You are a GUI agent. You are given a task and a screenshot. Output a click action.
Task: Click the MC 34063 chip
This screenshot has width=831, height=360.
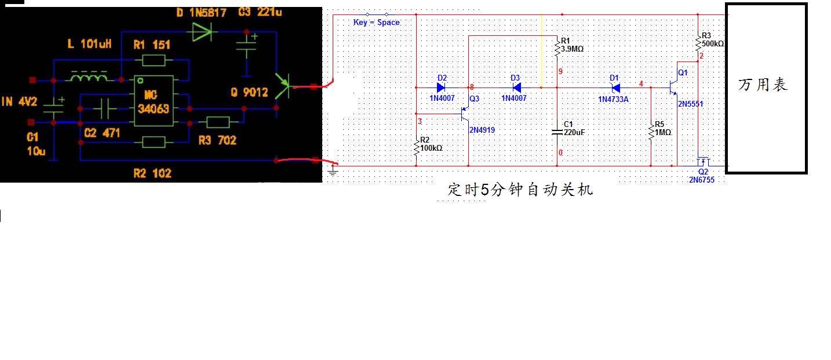click(x=153, y=101)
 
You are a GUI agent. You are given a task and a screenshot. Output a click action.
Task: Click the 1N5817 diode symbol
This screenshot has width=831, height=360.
click(x=201, y=32)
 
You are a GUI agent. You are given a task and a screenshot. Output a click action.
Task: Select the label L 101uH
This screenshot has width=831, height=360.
click(x=89, y=43)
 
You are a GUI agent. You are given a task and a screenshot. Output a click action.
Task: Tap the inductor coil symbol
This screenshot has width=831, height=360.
click(x=88, y=77)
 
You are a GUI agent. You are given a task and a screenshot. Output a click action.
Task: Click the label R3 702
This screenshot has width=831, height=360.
click(x=217, y=140)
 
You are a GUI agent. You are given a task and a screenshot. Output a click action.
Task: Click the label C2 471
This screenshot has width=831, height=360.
click(x=102, y=133)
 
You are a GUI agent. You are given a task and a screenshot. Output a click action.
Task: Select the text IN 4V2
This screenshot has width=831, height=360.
click(x=19, y=102)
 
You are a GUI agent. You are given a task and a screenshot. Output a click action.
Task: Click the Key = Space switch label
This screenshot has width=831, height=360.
click(x=377, y=22)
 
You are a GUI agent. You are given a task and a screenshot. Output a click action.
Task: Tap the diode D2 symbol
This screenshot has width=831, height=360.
click(x=440, y=88)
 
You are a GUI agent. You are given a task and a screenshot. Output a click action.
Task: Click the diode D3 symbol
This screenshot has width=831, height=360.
click(x=516, y=88)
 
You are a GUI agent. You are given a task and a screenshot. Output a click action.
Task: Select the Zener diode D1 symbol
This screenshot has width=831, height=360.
click(x=615, y=88)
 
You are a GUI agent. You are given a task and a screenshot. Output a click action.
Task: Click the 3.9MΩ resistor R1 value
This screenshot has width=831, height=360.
click(x=572, y=49)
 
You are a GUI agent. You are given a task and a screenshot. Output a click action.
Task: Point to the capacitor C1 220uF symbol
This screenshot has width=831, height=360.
click(x=557, y=131)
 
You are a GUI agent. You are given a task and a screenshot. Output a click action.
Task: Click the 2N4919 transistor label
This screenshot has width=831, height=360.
click(x=482, y=130)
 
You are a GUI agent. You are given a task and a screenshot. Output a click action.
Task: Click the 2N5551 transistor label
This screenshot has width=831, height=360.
click(x=690, y=104)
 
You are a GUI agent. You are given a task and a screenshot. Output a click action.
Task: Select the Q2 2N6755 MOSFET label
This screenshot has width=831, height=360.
click(x=702, y=176)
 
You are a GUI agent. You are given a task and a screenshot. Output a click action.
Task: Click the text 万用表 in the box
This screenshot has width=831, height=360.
click(x=763, y=85)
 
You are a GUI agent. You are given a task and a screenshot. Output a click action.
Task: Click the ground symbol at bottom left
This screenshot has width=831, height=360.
click(x=332, y=171)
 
